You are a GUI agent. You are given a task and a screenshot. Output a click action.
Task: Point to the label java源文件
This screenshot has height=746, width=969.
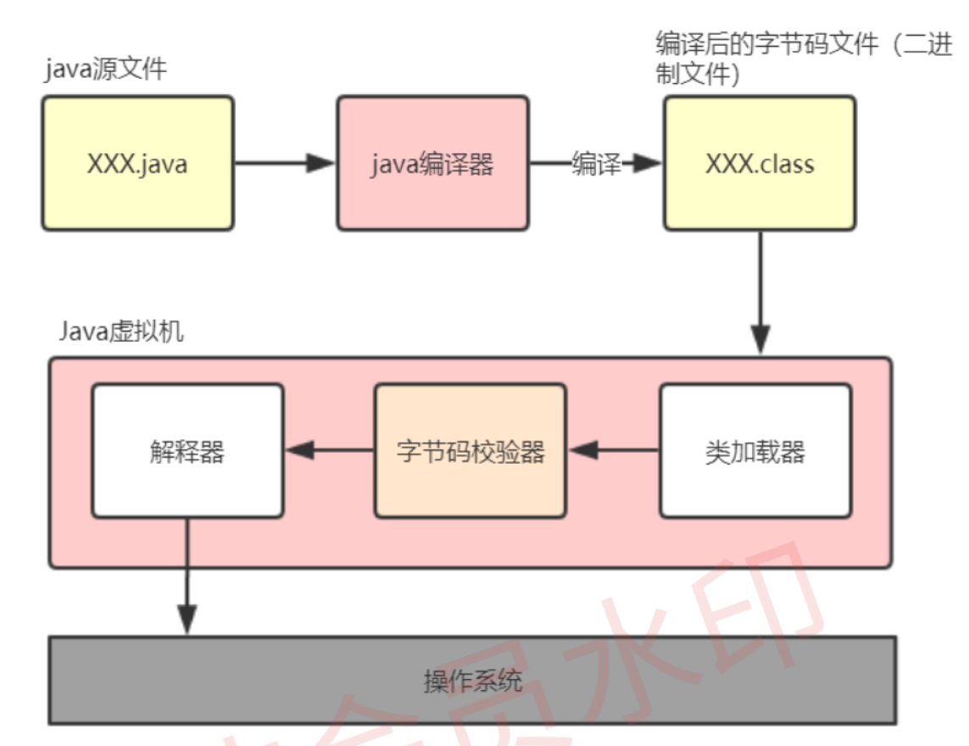click(106, 69)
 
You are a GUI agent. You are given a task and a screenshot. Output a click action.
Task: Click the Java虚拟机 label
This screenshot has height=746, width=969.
click(121, 331)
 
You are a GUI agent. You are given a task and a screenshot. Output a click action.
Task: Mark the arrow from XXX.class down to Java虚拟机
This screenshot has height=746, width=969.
click(760, 292)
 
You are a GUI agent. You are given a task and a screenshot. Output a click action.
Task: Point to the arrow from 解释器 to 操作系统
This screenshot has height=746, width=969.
click(187, 576)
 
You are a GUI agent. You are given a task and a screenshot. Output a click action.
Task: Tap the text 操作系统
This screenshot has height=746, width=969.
click(473, 681)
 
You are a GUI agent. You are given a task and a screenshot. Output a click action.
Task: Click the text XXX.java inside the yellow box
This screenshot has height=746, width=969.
click(137, 163)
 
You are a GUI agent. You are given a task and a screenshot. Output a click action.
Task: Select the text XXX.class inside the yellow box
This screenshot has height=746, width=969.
click(759, 163)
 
